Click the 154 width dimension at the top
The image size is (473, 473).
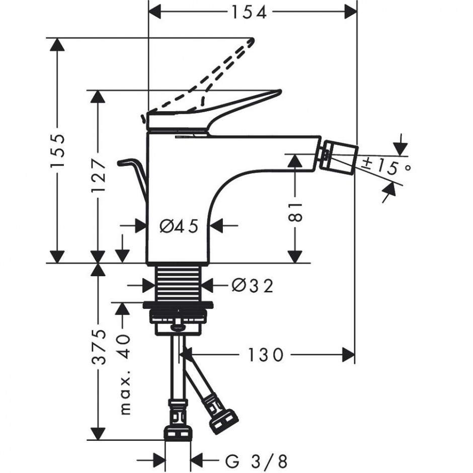pyautogui.click(x=249, y=13)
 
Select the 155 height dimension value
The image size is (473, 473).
pyautogui.click(x=57, y=150)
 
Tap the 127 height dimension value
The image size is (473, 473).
pyautogui.click(x=99, y=176)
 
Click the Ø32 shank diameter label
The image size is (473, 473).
pyautogui.click(x=253, y=285)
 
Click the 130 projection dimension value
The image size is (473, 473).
pyautogui.click(x=266, y=355)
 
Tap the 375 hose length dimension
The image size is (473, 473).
pyautogui.click(x=99, y=347)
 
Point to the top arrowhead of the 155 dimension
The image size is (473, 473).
pyautogui.click(x=57, y=44)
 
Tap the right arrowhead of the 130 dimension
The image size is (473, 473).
pyautogui.click(x=349, y=355)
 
